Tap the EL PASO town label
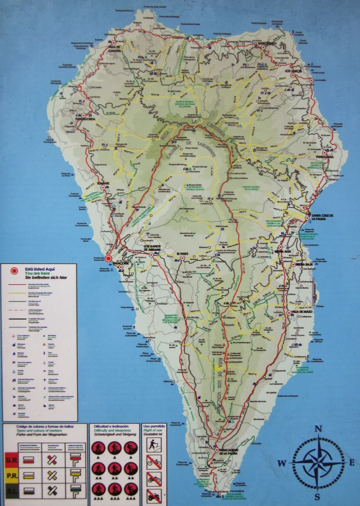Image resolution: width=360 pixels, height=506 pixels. tap(182, 254)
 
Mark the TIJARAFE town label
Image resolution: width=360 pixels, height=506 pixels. tap(103, 183)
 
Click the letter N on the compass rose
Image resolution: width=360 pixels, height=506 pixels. tap(319, 429)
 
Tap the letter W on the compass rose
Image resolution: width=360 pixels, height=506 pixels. tap(282, 463)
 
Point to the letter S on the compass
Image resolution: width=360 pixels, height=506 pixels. tap(317, 497)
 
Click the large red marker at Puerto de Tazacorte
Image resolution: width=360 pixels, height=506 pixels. tap(108, 259)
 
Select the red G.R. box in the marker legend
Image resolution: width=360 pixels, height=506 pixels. tap(12, 460)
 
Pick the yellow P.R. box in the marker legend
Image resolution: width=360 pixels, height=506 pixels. tap(12, 476)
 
